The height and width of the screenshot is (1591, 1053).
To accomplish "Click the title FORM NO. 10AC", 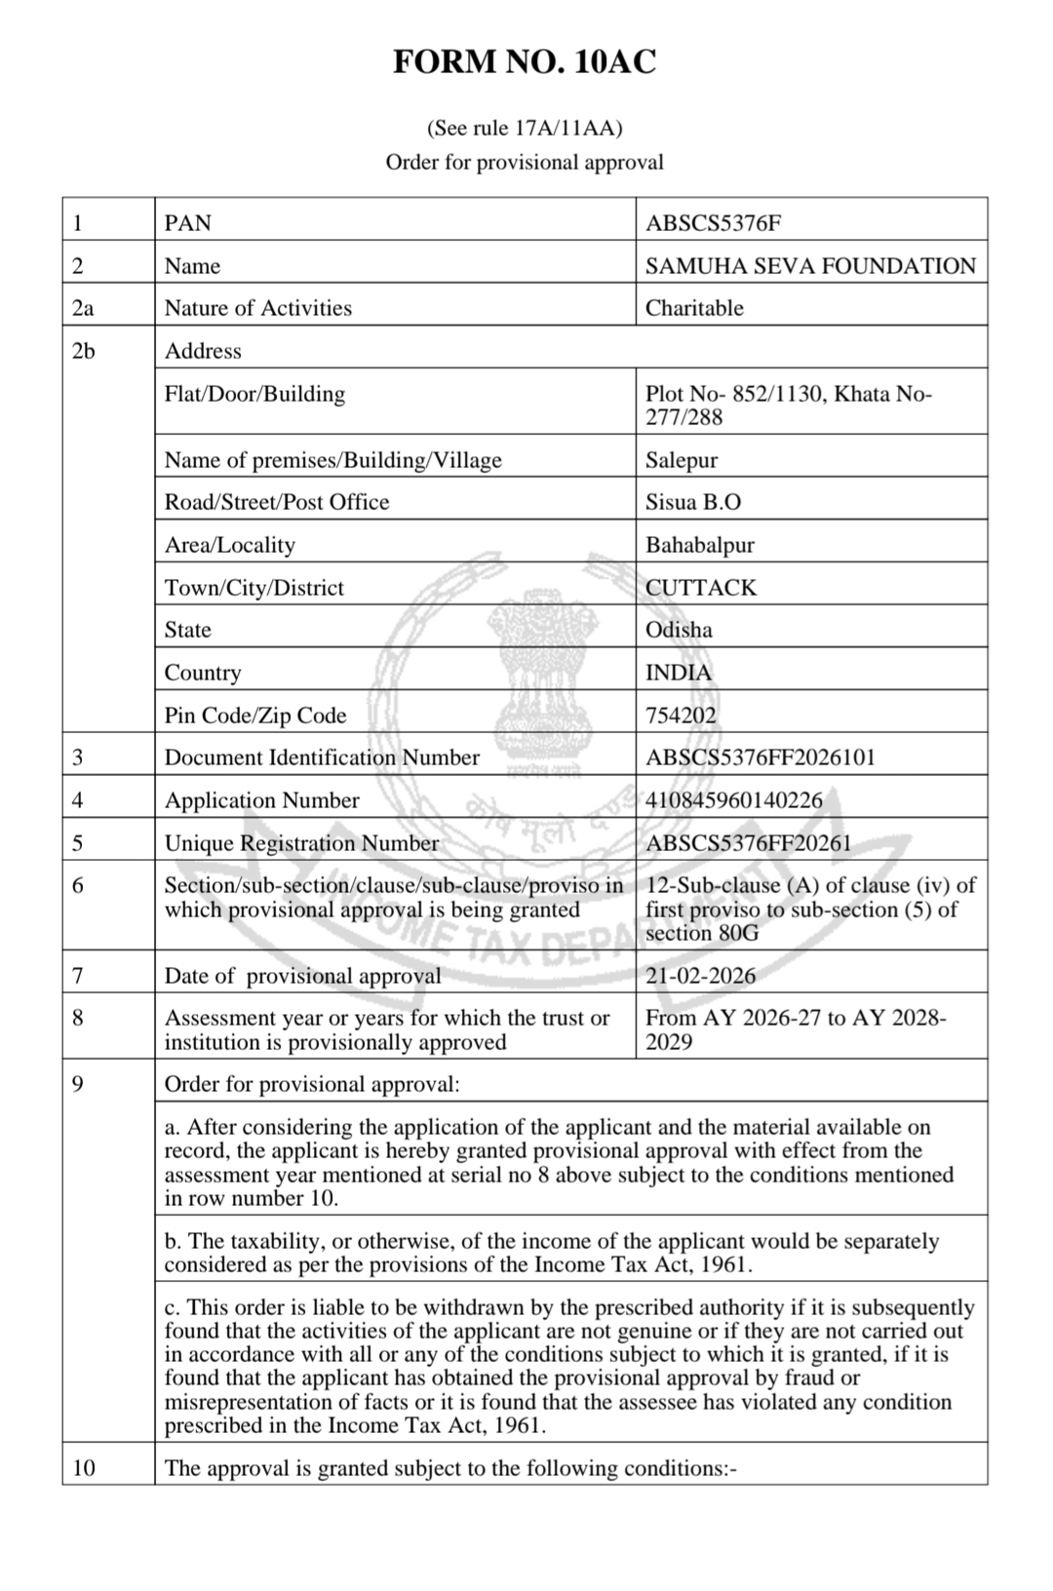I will [x=525, y=62].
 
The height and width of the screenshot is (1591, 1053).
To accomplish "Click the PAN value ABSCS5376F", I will [x=713, y=223].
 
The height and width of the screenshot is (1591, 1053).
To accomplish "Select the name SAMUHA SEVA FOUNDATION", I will [x=810, y=266].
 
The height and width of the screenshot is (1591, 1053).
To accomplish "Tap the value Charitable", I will [x=694, y=308].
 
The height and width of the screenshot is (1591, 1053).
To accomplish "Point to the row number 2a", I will [x=83, y=308].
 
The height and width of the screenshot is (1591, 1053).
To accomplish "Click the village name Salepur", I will [x=682, y=460].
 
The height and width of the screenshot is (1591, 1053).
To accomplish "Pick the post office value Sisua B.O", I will [x=693, y=502].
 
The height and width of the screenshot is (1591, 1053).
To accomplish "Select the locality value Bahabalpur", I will [x=700, y=545].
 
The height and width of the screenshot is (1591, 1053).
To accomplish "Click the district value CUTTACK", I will [x=701, y=588].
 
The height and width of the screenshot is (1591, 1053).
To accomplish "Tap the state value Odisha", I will [x=679, y=630].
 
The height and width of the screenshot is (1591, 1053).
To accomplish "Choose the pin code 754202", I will [x=681, y=716].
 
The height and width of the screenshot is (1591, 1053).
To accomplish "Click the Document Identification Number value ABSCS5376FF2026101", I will [x=760, y=757].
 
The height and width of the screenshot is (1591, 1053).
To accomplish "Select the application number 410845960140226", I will [x=734, y=800].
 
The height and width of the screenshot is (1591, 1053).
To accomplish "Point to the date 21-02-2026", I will [x=700, y=976].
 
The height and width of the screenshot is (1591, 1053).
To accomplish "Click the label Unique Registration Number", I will [x=301, y=843].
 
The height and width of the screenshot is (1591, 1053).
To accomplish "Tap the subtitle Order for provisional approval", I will [x=525, y=162].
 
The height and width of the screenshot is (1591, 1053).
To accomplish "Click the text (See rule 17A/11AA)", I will [x=525, y=128].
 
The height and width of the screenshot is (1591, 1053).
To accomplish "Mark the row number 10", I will [x=84, y=1468].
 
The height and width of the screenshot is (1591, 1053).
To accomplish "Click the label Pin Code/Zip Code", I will [x=255, y=716].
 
